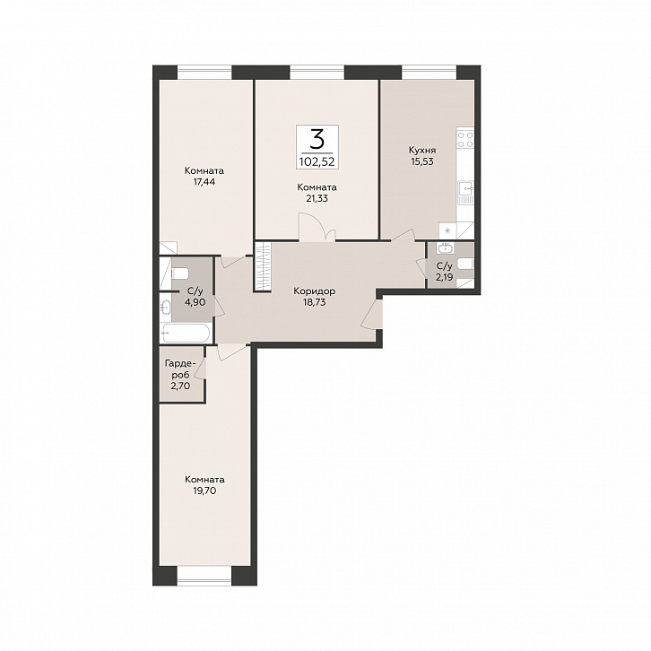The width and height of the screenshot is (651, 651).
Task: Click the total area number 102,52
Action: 317,161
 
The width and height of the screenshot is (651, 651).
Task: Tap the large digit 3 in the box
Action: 317,140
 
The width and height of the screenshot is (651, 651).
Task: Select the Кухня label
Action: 422,150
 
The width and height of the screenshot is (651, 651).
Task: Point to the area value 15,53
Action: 422,161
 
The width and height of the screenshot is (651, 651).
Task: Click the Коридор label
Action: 314,291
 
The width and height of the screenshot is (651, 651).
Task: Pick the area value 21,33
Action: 317,198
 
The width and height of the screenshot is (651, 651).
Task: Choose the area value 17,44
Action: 204,182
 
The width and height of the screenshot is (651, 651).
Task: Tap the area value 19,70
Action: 204,490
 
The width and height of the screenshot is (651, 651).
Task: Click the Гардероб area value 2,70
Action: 180,386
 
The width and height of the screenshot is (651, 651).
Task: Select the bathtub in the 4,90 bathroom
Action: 187,333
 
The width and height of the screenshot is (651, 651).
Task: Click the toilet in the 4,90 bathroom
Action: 180,273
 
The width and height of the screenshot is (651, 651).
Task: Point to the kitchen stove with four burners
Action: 465,140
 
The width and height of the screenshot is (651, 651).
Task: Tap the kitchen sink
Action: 465,192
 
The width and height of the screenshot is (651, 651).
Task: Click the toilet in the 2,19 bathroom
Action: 465,264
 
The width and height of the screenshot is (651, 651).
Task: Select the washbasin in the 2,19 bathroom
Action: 445,248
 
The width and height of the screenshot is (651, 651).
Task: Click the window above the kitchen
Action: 429,73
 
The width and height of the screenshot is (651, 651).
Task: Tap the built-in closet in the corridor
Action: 263,267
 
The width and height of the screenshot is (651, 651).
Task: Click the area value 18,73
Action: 314,303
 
